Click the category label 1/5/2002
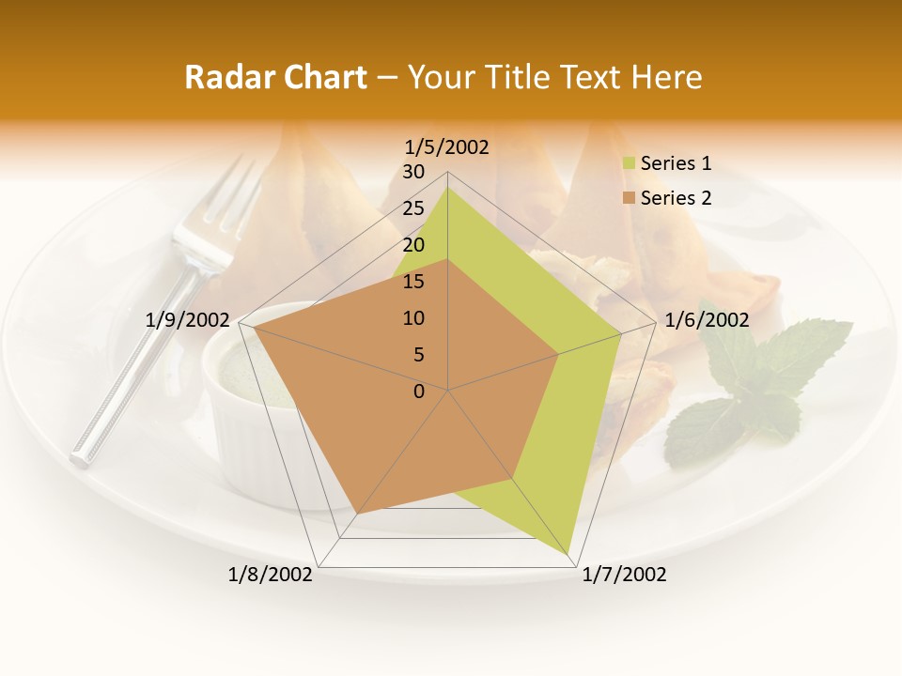pos(446,147)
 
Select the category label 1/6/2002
pos(707,320)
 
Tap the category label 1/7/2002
pos(624,575)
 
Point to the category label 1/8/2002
pos(270,575)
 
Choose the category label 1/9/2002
pos(188,320)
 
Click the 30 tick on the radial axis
pos(413,172)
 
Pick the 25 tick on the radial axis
pos(413,208)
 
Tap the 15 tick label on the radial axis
pos(413,282)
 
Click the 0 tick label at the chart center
pos(419,392)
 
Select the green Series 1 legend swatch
pos(629,164)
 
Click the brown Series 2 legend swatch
pos(629,198)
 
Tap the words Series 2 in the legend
pos(676,198)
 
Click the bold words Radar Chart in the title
pos(275,77)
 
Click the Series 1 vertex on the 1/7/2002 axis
pos(569,554)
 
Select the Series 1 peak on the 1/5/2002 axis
pos(448,187)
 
